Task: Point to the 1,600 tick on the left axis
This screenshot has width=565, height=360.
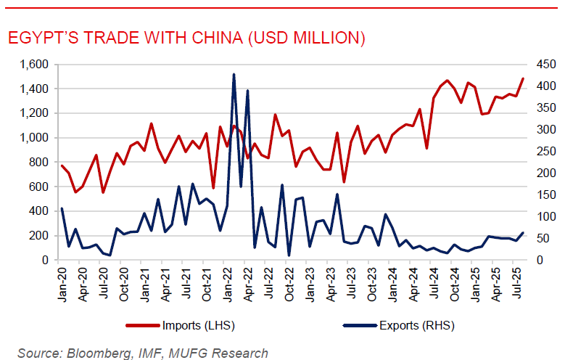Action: click(33, 65)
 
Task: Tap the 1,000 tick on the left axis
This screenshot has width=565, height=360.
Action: click(33, 138)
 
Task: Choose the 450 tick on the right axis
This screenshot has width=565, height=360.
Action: click(539, 65)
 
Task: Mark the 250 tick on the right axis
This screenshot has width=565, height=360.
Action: click(539, 151)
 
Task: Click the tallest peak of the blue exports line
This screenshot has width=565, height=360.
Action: click(234, 74)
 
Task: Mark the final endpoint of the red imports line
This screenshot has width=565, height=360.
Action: click(523, 78)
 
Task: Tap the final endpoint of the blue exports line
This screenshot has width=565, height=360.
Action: click(523, 233)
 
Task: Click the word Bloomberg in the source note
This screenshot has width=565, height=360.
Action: click(93, 353)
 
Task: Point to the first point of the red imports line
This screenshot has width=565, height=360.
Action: click(62, 165)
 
